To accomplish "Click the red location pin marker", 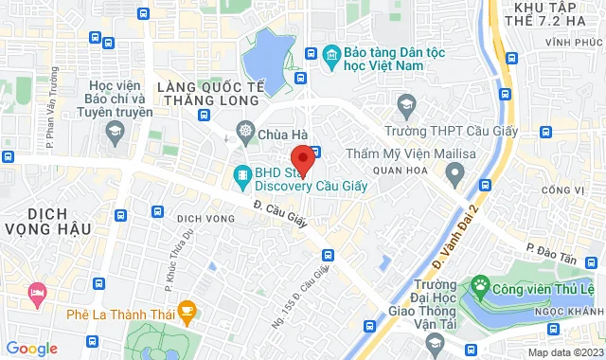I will [x=301, y=158].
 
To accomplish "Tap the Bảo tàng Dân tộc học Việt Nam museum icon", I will [x=330, y=57].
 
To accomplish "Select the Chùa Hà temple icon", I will [x=246, y=132].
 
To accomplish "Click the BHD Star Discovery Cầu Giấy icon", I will [x=242, y=174].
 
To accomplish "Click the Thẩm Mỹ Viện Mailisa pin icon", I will [x=454, y=174].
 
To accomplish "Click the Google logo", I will [x=31, y=348].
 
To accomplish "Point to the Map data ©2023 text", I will [x=564, y=352].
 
